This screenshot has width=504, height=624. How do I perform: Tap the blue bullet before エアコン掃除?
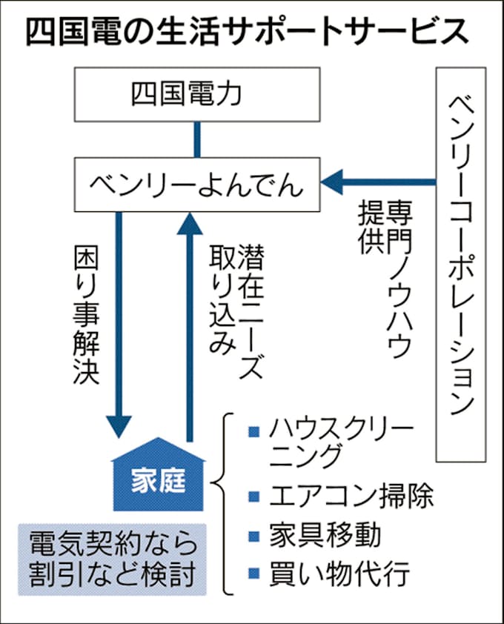[x=253, y=496]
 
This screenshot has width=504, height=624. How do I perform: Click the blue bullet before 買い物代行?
[x=253, y=574]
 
